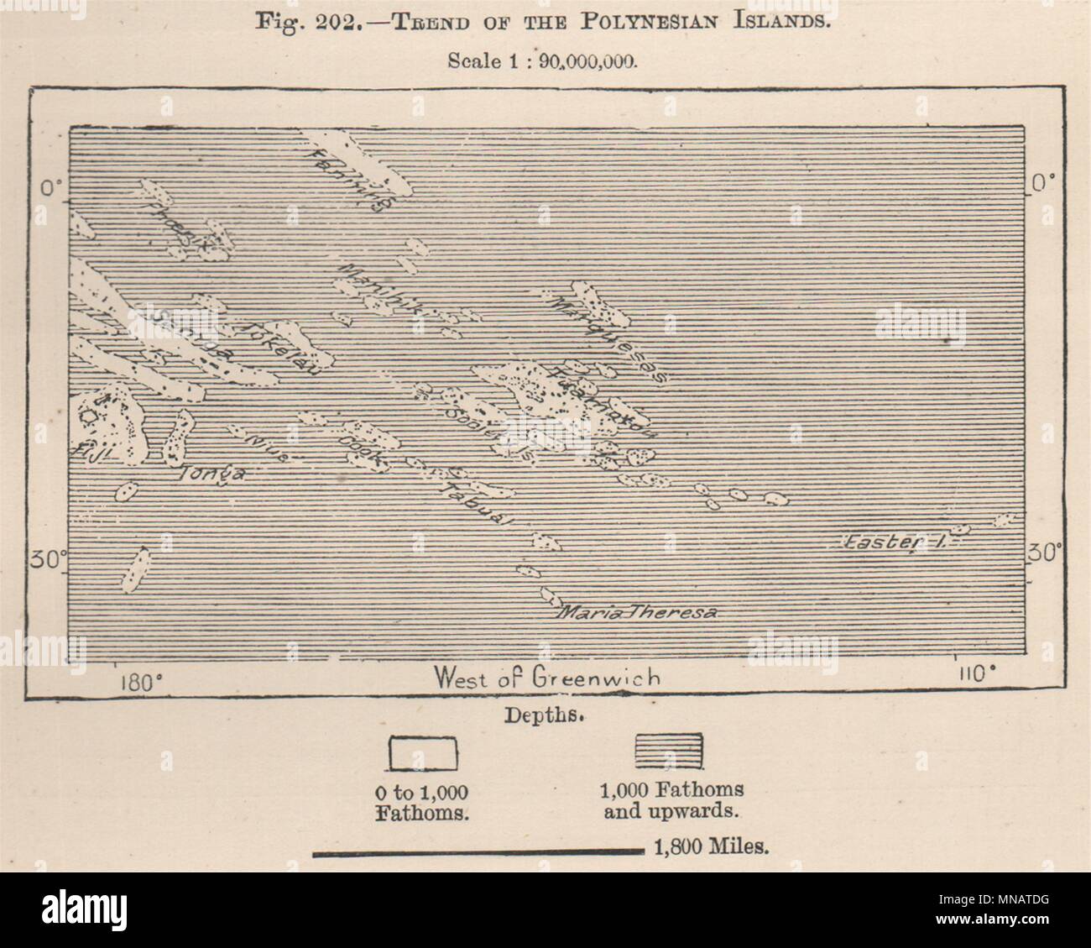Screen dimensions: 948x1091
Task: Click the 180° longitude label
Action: click(x=133, y=679)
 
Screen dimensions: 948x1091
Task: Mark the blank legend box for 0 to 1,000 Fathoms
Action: click(x=421, y=752)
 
